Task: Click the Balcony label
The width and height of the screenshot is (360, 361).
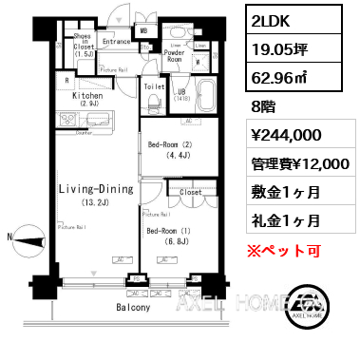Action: pyautogui.click(x=134, y=308)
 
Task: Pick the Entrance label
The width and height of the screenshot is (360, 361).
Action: pyautogui.click(x=115, y=42)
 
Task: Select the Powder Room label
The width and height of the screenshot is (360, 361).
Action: pyautogui.click(x=174, y=55)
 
